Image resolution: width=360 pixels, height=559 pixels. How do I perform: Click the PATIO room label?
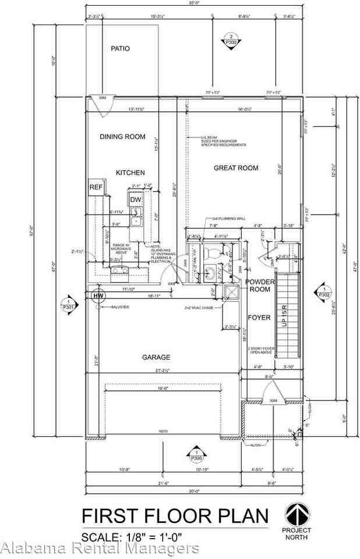[121, 49]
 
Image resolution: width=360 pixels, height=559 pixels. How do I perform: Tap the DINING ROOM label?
[122, 137]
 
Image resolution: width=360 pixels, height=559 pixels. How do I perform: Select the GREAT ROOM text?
[236, 168]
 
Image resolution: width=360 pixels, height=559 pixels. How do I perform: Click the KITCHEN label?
[130, 173]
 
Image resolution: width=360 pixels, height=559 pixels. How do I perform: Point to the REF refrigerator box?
[96, 187]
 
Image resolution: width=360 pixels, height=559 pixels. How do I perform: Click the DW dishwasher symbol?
[135, 200]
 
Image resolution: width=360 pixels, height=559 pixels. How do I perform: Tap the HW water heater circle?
[97, 296]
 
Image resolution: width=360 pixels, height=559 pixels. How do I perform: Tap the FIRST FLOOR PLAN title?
[175, 516]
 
